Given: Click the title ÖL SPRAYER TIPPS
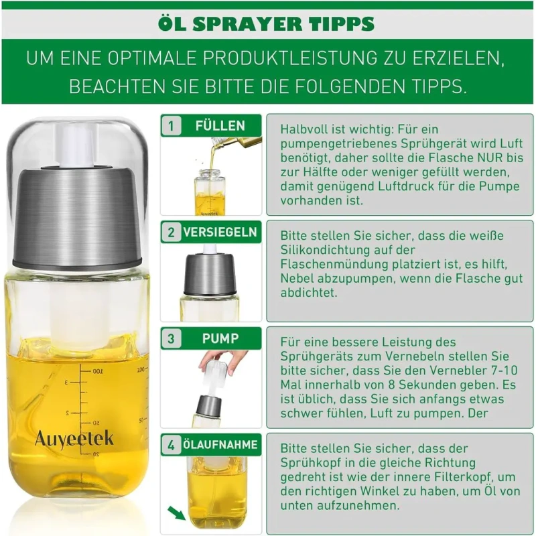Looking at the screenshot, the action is click(266, 23).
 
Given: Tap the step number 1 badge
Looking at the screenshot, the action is click(171, 126).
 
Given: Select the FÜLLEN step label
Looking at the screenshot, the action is click(220, 125).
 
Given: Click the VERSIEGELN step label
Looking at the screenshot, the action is click(220, 232).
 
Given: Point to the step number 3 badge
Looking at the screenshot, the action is click(171, 338).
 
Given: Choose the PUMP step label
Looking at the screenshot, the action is click(220, 338).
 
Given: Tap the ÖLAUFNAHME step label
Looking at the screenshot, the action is click(220, 445).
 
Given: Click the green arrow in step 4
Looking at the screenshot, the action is click(176, 513).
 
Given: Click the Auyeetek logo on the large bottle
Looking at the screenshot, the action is click(74, 439).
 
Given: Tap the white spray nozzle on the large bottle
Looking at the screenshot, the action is click(77, 145).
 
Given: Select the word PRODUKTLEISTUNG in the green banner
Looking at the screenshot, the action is click(290, 58).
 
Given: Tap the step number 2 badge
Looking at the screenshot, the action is click(171, 232).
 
